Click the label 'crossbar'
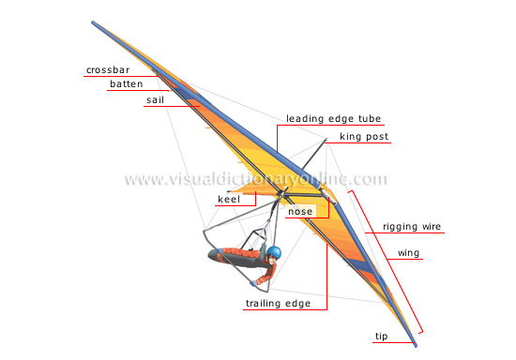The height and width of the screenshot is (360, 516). (108, 70)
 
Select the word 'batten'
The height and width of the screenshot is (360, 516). (126, 84)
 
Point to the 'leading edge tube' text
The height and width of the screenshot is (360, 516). (329, 119)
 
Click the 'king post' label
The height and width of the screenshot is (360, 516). (364, 137)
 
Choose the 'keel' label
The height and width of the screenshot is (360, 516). (230, 199)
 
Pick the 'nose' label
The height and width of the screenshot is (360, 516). (300, 212)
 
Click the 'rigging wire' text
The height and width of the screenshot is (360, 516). (412, 227)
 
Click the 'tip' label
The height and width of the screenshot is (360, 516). (381, 335)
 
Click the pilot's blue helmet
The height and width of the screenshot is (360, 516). (274, 253)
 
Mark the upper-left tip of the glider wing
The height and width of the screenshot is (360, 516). (94, 22)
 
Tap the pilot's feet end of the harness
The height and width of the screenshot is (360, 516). (212, 254)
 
